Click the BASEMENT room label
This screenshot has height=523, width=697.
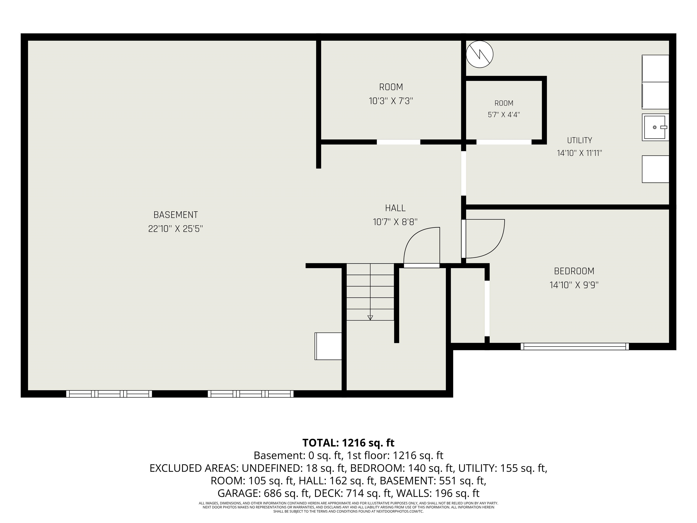point(176,215)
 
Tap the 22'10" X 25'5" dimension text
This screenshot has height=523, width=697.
point(176,229)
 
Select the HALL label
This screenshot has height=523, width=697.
point(395,208)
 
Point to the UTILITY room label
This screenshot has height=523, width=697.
point(579,140)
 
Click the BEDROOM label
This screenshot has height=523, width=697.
point(574,271)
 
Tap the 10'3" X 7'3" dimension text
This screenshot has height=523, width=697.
point(391,101)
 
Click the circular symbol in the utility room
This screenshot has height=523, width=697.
point(480,54)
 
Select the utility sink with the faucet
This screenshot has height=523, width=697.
point(655,127)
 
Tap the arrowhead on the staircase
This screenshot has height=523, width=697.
point(370,318)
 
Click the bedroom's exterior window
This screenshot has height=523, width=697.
point(574,346)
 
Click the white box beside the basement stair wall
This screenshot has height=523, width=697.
point(328,346)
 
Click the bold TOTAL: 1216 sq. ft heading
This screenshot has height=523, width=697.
point(348,443)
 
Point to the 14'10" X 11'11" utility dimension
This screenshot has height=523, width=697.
point(579,153)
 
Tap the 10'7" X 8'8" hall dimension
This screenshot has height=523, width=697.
point(395,222)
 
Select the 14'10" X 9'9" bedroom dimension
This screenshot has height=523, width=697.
point(574,285)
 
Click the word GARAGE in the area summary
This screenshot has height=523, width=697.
point(239,493)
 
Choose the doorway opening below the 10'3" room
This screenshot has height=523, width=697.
point(399,142)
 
